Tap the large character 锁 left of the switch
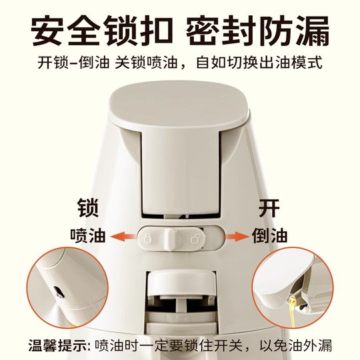pyautogui.click(x=89, y=209)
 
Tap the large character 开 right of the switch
pyautogui.click(x=269, y=209)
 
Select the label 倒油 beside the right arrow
pyautogui.click(x=269, y=236)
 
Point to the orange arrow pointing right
pyautogui.click(x=236, y=236)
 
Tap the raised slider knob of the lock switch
pyautogui.click(x=170, y=237)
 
